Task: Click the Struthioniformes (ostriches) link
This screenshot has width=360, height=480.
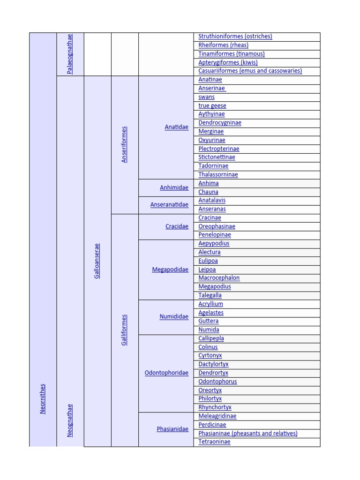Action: [235, 37]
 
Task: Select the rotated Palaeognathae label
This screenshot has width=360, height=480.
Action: [70, 53]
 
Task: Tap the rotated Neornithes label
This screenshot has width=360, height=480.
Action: [43, 398]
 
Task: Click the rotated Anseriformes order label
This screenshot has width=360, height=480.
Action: [124, 144]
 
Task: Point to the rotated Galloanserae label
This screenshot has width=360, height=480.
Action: [97, 261]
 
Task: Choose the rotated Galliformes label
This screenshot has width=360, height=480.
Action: [124, 330]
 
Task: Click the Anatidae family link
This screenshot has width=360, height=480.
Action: [176, 127]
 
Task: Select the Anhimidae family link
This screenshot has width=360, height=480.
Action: [174, 187]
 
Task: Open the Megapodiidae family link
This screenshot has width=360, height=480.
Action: [170, 270]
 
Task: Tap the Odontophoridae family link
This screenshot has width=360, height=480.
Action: [166, 373]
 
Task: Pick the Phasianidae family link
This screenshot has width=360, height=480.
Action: [172, 429]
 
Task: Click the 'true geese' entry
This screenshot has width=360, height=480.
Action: [212, 105]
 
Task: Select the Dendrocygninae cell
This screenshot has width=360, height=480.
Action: [220, 123]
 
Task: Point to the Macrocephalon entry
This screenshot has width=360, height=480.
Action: [219, 278]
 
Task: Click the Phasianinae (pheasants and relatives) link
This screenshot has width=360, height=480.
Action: [247, 434]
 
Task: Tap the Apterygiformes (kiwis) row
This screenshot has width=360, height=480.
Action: [228, 62]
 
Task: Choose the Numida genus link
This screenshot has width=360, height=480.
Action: [209, 330]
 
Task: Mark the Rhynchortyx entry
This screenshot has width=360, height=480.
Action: [215, 407]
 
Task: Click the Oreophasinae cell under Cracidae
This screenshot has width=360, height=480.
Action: [217, 226]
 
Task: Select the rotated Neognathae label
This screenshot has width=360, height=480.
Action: [70, 420]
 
